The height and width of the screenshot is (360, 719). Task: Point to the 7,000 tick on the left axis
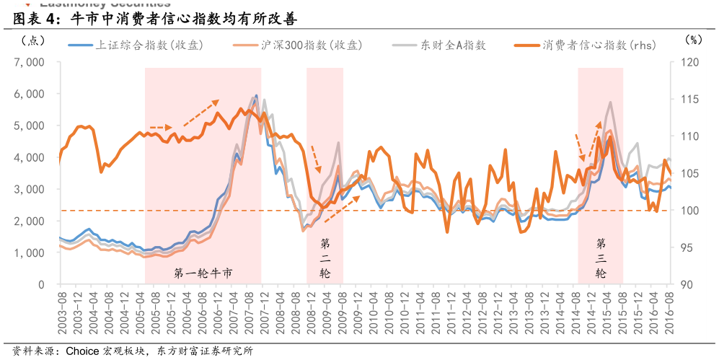point(30,62)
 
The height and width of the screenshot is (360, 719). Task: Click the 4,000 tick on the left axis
point(30,157)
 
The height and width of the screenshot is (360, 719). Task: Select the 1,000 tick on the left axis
point(30,253)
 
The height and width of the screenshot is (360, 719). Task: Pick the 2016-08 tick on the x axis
point(670,309)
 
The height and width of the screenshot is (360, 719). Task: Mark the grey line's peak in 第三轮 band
point(610,102)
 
